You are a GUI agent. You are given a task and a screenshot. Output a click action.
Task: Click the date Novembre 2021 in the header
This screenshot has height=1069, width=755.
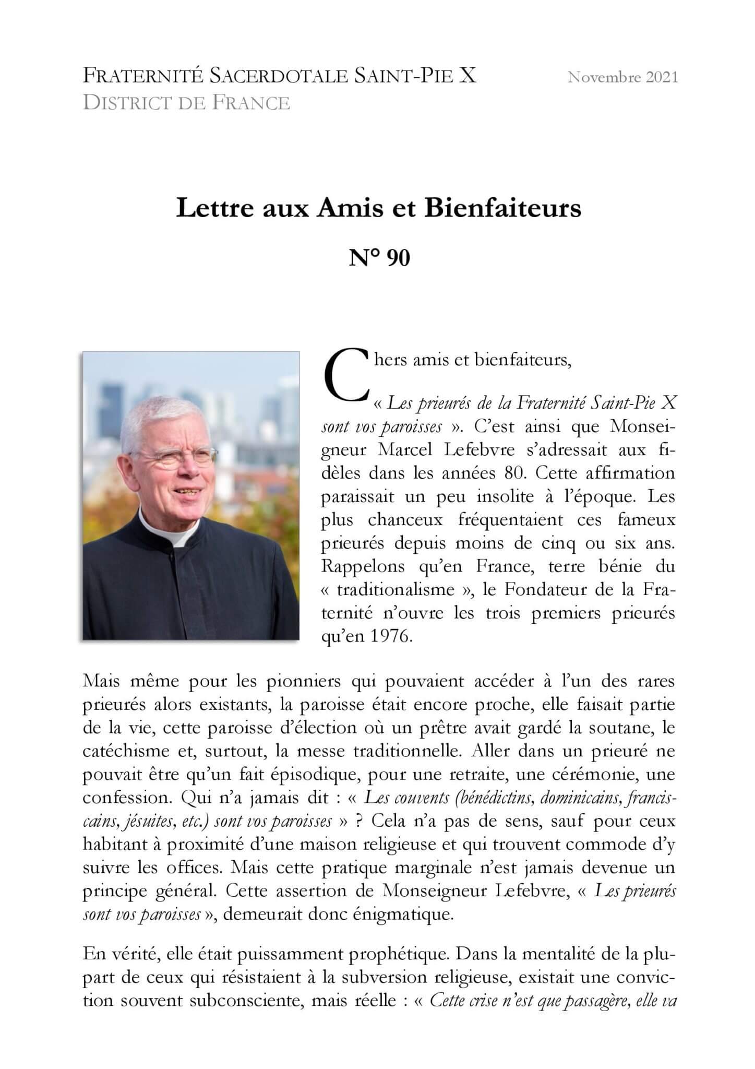point(623,78)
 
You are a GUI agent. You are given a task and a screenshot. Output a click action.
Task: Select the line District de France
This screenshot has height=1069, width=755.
point(186,103)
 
